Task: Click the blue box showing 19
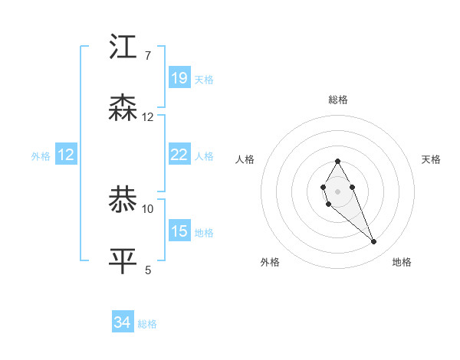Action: [179, 78]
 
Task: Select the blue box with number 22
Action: [179, 155]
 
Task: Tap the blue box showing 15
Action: [179, 231]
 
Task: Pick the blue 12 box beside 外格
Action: [66, 155]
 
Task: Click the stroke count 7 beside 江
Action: [148, 55]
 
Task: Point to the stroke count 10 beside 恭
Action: [148, 208]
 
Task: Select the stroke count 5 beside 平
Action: [148, 269]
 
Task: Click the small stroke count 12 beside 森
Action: [148, 116]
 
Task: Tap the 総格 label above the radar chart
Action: [338, 100]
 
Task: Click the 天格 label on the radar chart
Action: [432, 159]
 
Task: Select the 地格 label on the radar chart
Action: [402, 262]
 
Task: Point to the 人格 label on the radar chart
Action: [245, 159]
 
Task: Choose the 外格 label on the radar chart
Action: [270, 262]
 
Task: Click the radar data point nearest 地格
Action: [374, 242]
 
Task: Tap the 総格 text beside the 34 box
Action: [147, 324]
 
